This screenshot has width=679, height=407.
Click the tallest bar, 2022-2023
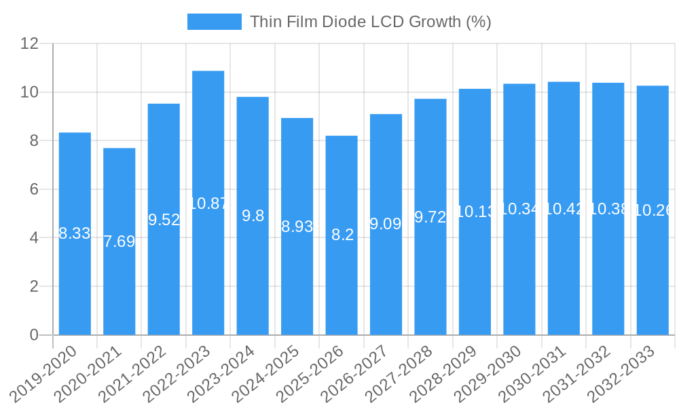pyautogui.click(x=208, y=271)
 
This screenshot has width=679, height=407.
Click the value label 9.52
pyautogui.click(x=164, y=220)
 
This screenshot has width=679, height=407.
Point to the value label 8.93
pyautogui.click(x=297, y=227)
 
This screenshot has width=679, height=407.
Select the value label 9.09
pyautogui.click(x=386, y=224)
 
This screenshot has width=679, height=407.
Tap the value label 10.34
pyautogui.click(x=519, y=209)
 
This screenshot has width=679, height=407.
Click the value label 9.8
pyautogui.click(x=253, y=216)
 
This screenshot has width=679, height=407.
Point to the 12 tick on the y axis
pyautogui.click(x=29, y=43)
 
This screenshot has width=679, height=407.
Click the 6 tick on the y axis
pyautogui.click(x=34, y=189)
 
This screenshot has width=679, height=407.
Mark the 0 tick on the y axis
pyautogui.click(x=34, y=335)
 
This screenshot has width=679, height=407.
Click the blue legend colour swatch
pyautogui.click(x=215, y=22)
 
